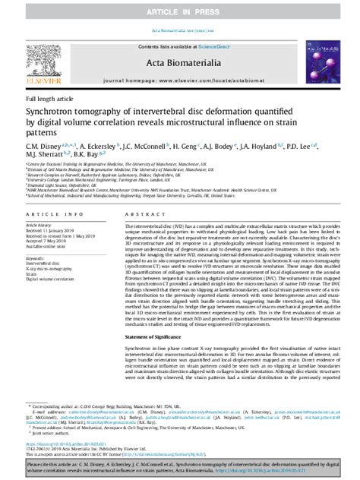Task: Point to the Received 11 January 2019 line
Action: [51, 232]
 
